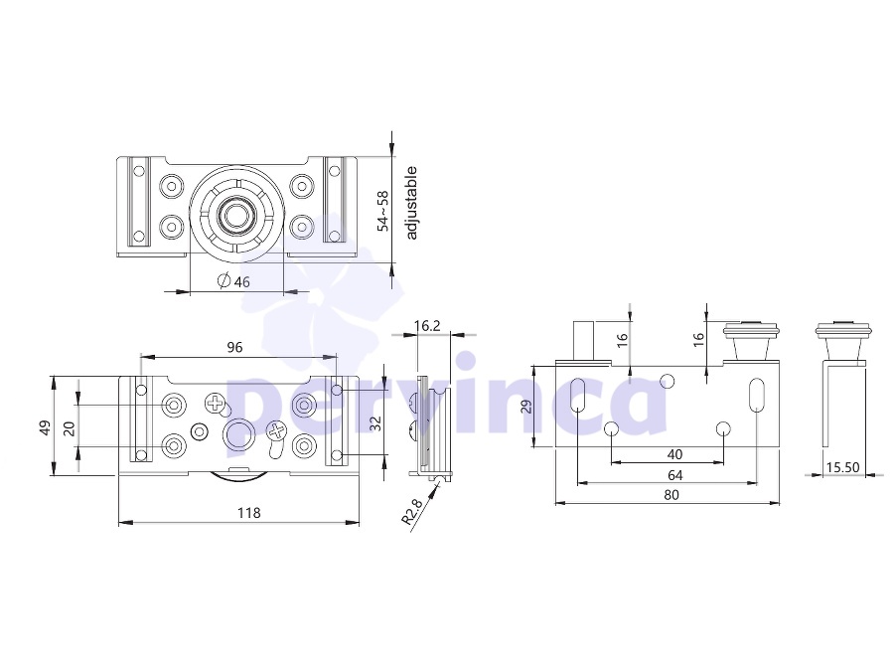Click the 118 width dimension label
pyautogui.click(x=249, y=513)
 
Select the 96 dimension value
pyautogui.click(x=234, y=347)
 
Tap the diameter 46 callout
pyautogui.click(x=233, y=281)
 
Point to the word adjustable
pyautogui.click(x=411, y=203)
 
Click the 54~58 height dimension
pyautogui.click(x=383, y=211)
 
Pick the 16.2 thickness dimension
pyautogui.click(x=427, y=326)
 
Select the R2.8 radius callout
pyautogui.click(x=411, y=511)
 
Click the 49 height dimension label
pyautogui.click(x=45, y=427)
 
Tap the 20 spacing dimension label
pyautogui.click(x=69, y=428)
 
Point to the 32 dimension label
pyautogui.click(x=374, y=422)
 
